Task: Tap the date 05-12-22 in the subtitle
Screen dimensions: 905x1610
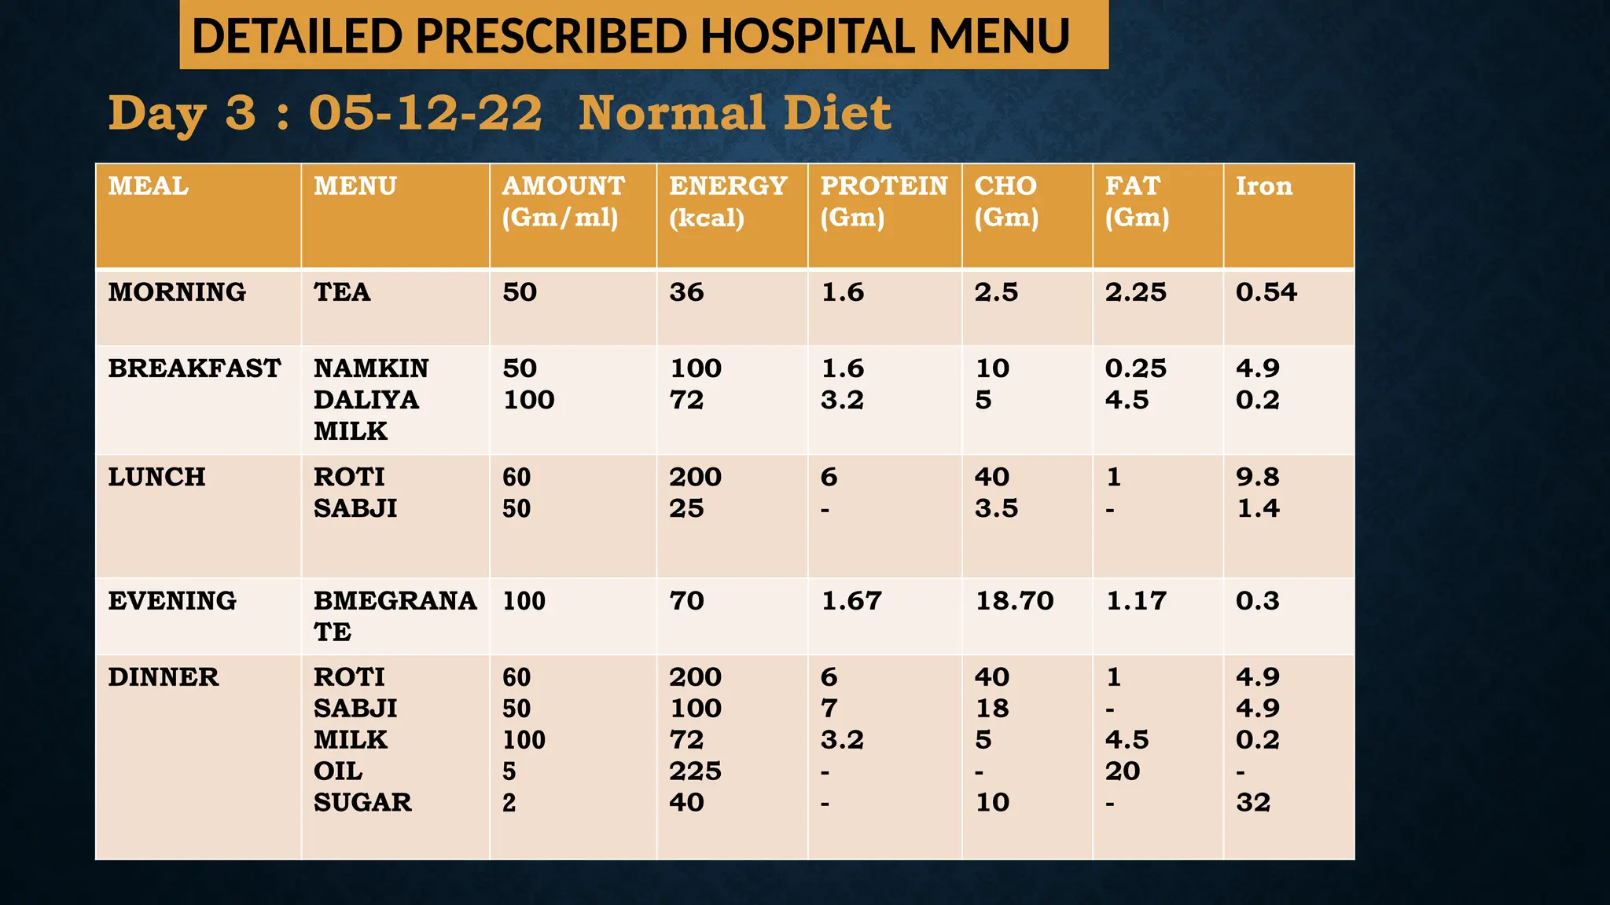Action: (425, 112)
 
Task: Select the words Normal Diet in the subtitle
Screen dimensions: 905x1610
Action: (734, 112)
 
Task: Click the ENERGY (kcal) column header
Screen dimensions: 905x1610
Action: (728, 201)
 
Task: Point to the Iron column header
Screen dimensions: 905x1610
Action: (1263, 186)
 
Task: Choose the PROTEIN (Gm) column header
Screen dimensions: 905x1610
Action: (884, 201)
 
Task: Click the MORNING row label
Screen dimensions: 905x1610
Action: (177, 292)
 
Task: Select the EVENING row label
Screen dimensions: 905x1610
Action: (172, 601)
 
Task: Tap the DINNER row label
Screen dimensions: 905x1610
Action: (164, 677)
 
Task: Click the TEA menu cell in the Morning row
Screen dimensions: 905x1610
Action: (342, 292)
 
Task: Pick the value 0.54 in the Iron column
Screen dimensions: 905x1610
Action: (1266, 292)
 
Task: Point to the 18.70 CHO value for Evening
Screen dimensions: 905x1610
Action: (1014, 601)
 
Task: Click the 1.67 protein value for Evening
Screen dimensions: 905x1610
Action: (851, 601)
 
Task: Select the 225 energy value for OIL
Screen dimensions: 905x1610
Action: (695, 771)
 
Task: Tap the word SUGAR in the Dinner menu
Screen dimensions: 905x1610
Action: (362, 803)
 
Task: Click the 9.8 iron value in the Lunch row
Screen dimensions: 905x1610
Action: (1257, 477)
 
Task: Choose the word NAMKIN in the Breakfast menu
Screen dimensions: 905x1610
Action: (371, 368)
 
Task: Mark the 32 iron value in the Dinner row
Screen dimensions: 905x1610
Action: (1252, 803)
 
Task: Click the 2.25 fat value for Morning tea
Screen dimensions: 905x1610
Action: (1135, 292)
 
